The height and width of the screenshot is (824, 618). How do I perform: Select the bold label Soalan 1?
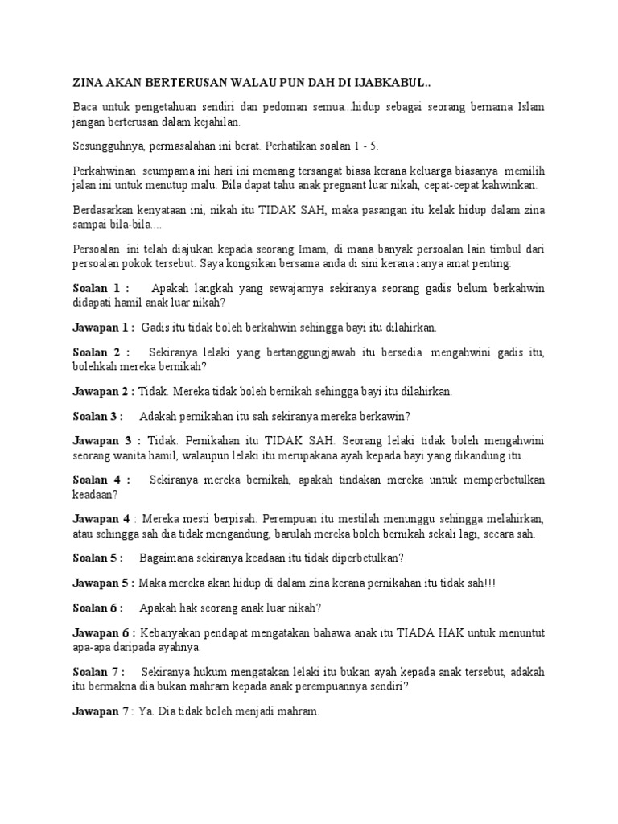(x=98, y=288)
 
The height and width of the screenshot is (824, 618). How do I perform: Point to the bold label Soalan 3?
(x=97, y=416)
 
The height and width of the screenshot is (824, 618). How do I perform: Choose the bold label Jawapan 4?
(x=101, y=519)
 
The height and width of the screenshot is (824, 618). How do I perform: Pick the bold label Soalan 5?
(x=97, y=558)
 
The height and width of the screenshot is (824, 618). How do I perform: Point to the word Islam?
(x=529, y=109)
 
